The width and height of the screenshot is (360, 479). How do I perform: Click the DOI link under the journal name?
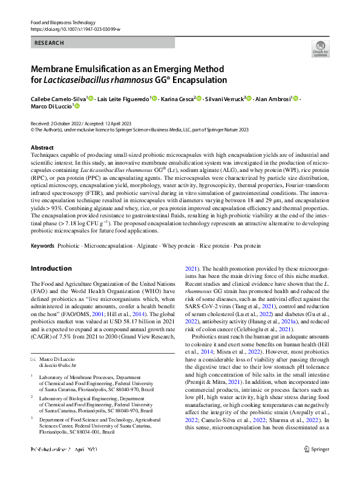tap(75, 28)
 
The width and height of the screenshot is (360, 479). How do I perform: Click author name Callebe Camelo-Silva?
tap(57, 98)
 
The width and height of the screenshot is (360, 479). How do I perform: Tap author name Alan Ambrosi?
tap(272, 98)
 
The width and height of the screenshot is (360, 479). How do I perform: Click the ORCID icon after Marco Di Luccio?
tap(77, 105)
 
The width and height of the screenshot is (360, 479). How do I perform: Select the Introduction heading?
tap(51, 268)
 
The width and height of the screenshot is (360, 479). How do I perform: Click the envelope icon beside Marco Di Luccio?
tap(33, 360)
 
